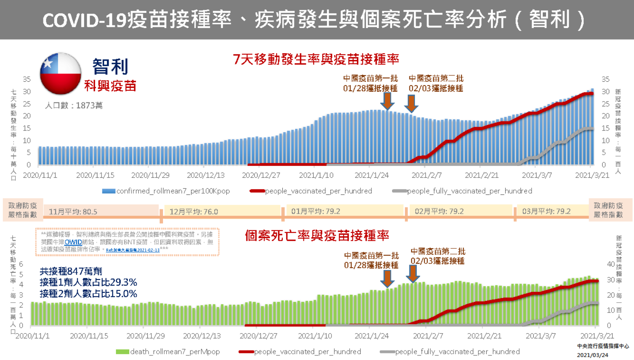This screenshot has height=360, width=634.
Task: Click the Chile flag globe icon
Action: coord(61,73)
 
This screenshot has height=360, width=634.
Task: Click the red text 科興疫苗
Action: coord(110,86)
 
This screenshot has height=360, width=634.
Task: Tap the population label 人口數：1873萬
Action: coord(74,106)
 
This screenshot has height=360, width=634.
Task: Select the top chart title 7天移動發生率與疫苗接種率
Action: coord(316,59)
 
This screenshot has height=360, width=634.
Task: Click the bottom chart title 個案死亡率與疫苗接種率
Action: coord(317,236)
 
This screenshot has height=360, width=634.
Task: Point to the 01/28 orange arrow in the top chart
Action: coord(387,101)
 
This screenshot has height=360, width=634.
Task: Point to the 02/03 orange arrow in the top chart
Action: coord(411,103)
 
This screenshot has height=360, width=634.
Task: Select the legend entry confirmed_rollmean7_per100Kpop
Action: coord(166,191)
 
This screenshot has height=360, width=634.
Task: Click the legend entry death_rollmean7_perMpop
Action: coord(168,352)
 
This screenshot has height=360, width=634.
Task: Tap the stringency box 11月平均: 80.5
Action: coord(73,212)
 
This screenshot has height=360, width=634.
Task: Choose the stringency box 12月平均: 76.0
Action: coord(194,212)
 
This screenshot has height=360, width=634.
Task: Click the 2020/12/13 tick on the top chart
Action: coord(206,175)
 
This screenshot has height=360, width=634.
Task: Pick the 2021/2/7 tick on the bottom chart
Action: coord(428,336)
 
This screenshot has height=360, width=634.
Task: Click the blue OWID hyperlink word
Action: coord(73,242)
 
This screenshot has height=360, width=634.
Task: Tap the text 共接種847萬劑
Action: coord(71,271)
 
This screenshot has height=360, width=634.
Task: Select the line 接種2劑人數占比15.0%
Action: coord(88,294)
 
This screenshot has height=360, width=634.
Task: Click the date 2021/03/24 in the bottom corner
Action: coord(592,355)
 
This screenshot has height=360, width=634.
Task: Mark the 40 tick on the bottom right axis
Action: coord(611,264)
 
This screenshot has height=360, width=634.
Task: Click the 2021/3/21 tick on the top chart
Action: coord(592,175)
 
